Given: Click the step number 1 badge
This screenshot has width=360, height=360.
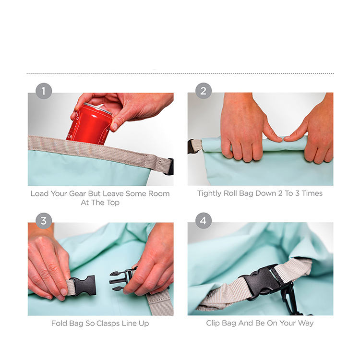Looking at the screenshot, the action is tap(44, 91).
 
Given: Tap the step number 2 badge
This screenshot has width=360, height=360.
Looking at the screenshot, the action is tap(204, 91).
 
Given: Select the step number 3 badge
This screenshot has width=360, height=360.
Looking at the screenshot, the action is tap(44, 221).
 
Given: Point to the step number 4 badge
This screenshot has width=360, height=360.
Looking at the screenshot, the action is tap(204, 221).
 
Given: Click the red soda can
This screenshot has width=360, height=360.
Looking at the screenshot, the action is tap(90, 124).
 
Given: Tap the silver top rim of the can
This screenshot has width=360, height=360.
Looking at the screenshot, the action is tap(97, 108).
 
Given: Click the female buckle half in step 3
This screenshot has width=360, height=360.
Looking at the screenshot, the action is tap(83, 286).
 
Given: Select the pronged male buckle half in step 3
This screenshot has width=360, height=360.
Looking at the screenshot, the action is tap(122, 281).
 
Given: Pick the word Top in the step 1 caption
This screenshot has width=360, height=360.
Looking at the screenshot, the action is tap(113, 203).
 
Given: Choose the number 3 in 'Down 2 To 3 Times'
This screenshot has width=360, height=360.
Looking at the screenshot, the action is tap(297, 193).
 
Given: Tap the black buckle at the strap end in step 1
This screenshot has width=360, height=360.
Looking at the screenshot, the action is tap(170, 167).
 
